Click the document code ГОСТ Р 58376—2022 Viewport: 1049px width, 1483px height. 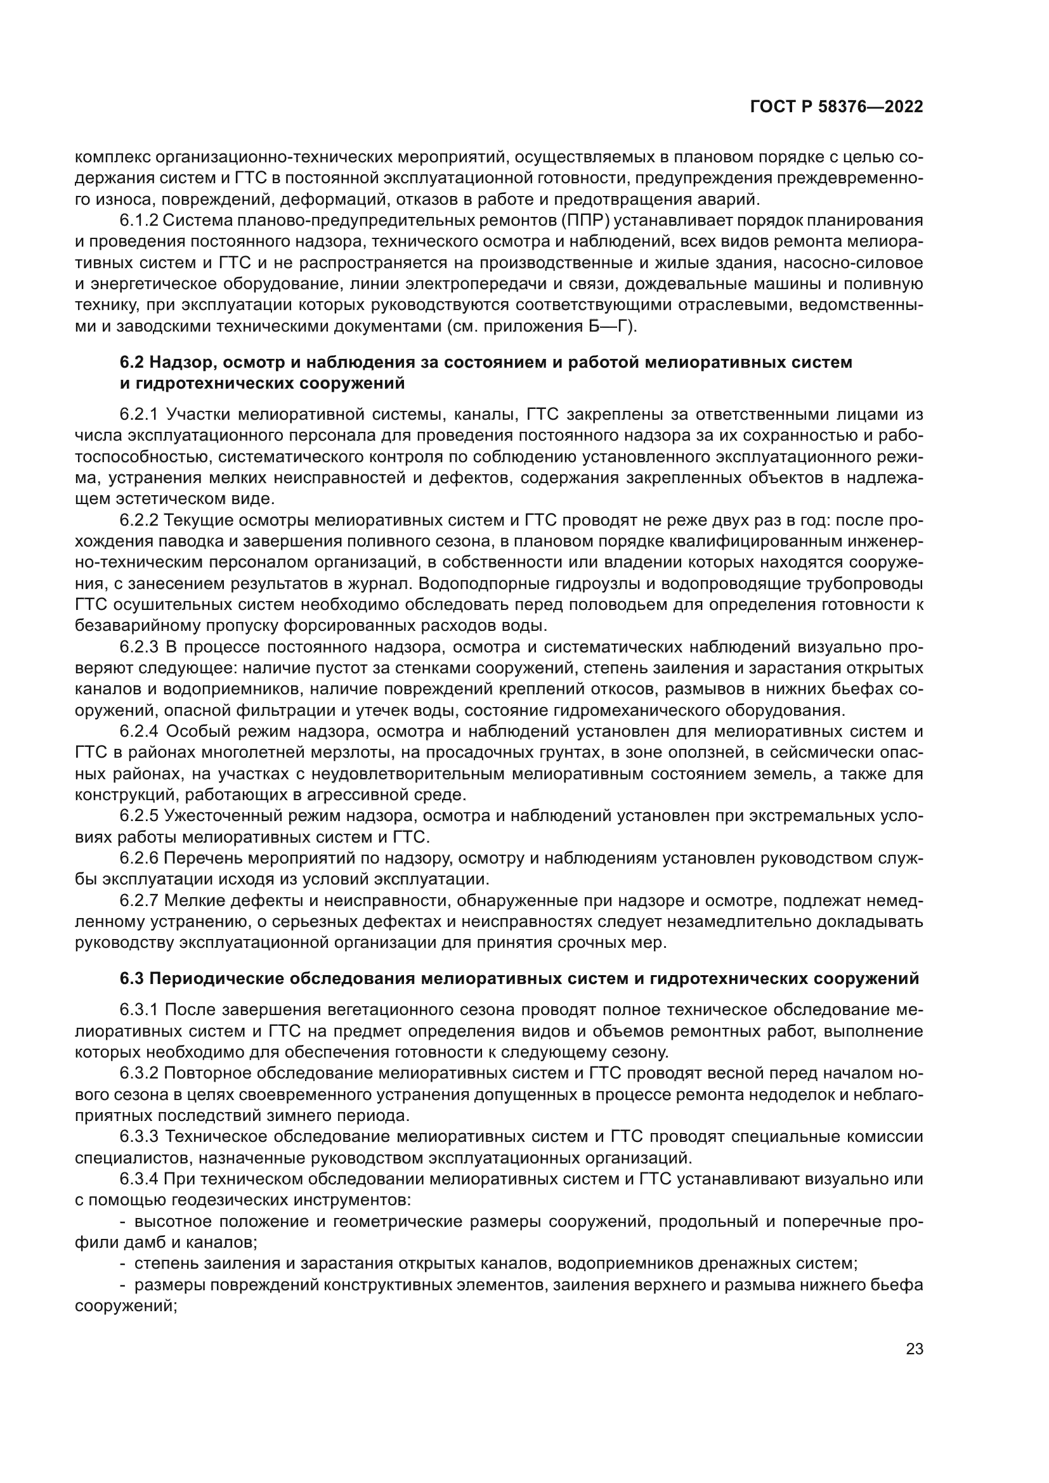[836, 107]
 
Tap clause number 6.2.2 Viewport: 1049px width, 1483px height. [139, 521]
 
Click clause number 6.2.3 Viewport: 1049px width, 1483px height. [139, 648]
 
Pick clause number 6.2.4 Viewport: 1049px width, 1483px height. [139, 732]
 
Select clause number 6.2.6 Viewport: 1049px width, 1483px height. [139, 859]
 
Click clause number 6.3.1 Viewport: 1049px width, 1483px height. [139, 1010]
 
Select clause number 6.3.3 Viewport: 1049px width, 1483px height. [139, 1137]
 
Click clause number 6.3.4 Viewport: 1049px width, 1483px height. [139, 1179]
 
